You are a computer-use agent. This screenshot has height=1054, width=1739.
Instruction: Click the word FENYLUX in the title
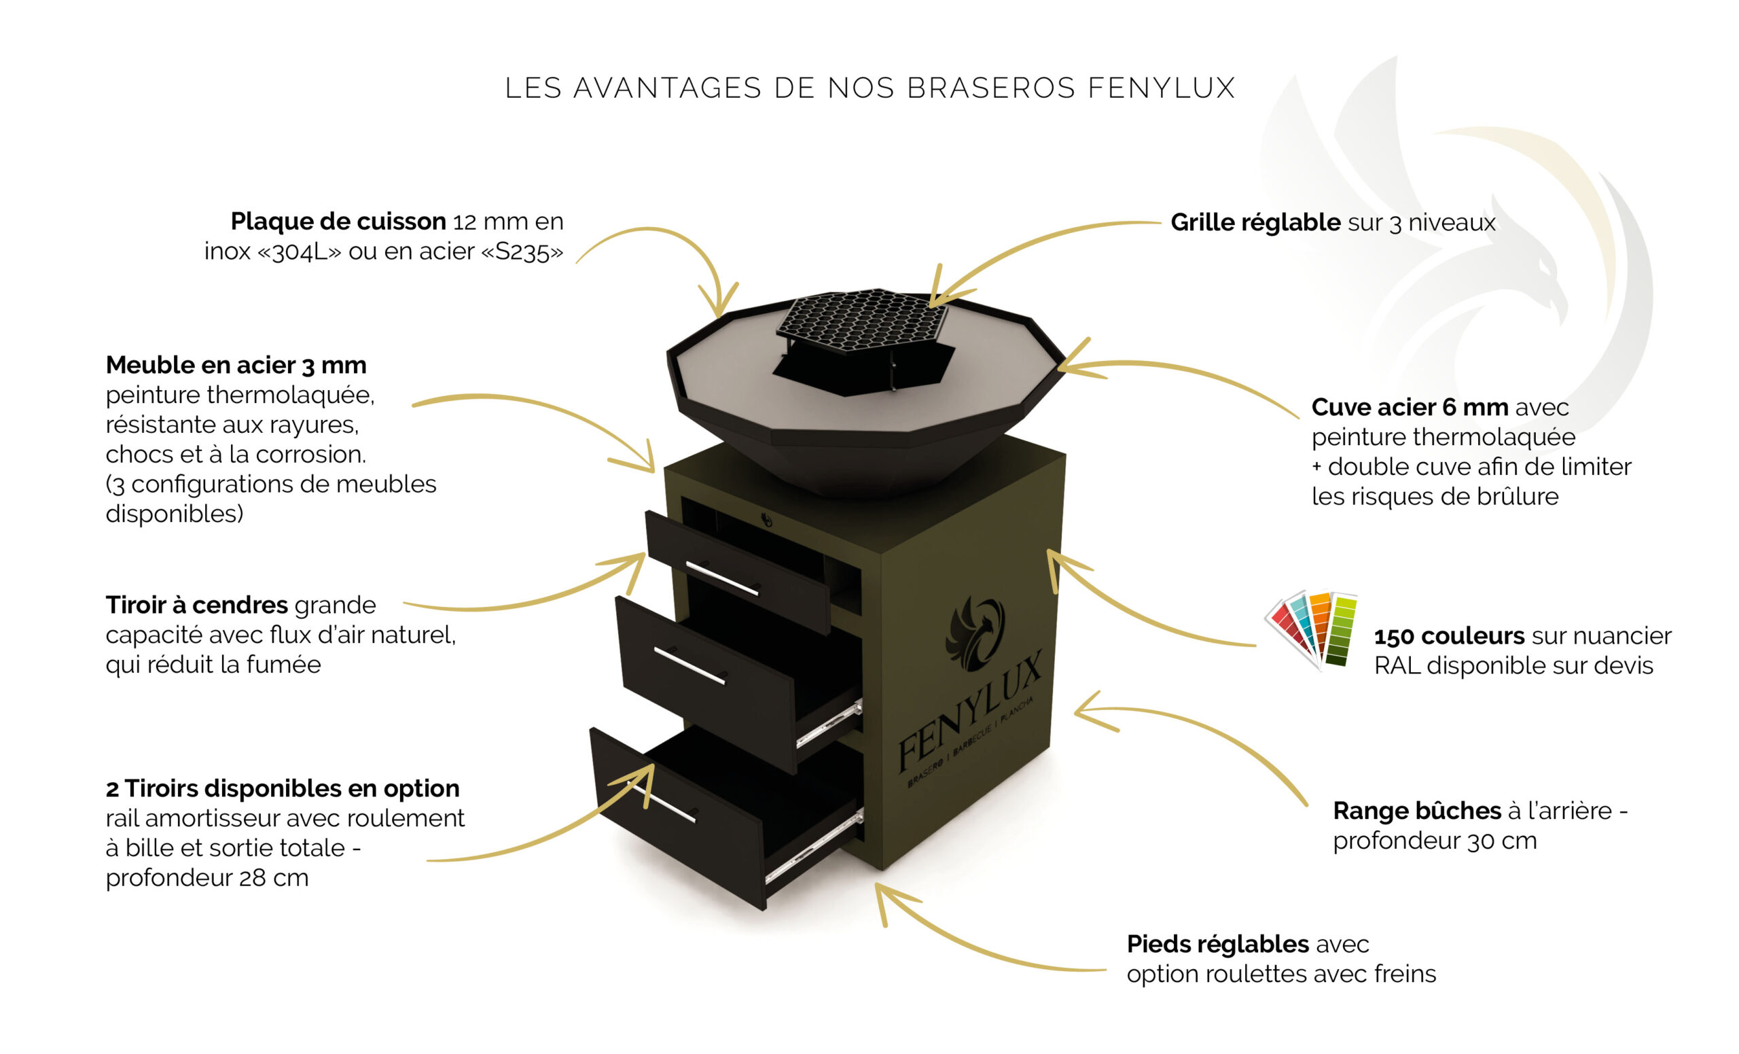coord(1161,88)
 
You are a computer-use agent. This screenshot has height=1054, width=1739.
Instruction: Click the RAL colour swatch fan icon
coord(1310,630)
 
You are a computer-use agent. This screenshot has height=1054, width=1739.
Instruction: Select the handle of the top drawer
coord(722,578)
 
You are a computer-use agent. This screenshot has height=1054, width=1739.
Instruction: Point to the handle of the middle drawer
coord(689,666)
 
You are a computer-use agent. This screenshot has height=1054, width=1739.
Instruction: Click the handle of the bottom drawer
coord(662,803)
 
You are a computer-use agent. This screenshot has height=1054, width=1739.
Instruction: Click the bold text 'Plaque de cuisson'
coord(338,222)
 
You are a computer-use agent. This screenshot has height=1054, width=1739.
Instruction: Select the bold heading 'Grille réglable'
coord(1255,222)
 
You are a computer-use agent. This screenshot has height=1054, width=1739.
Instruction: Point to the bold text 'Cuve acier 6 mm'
coord(1410,407)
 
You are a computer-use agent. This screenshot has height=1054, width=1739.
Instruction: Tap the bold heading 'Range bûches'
coord(1416,811)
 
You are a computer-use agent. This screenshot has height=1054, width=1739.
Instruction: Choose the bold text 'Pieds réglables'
coord(1217,944)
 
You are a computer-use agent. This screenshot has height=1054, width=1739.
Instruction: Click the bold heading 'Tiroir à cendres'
coord(197,605)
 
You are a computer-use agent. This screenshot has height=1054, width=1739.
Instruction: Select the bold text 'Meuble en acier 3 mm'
coord(236,365)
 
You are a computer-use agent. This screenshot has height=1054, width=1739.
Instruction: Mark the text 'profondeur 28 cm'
coord(207,877)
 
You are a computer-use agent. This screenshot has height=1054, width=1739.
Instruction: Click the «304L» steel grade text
coord(300,251)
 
